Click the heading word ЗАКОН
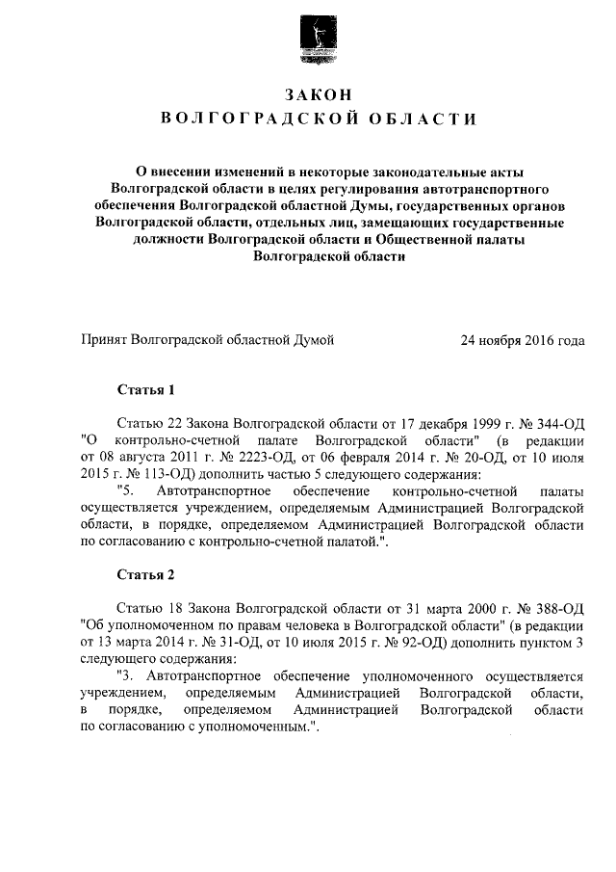tap(319, 93)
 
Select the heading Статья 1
tap(145, 391)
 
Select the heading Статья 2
tap(145, 576)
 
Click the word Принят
tap(102, 340)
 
